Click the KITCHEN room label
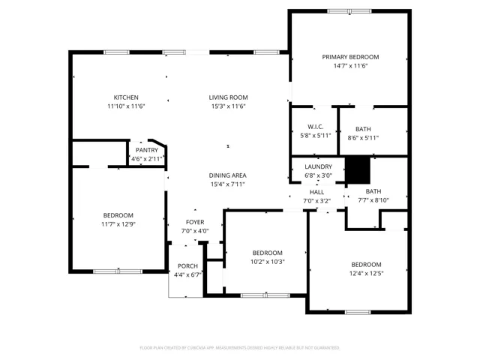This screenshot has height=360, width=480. click(x=126, y=97)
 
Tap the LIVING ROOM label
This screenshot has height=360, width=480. click(x=228, y=97)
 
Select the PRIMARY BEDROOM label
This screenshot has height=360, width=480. click(x=350, y=57)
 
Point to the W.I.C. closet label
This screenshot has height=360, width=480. click(x=315, y=127)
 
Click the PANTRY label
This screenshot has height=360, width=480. click(x=147, y=150)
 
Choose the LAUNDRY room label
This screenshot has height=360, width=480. click(x=318, y=166)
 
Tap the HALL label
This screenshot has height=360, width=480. click(x=316, y=192)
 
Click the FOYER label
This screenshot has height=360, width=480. click(x=195, y=222)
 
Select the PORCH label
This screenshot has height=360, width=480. click(x=187, y=266)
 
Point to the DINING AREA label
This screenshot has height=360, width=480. click(x=228, y=175)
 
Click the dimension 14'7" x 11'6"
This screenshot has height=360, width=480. click(x=350, y=66)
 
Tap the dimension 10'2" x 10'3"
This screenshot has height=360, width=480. click(x=268, y=262)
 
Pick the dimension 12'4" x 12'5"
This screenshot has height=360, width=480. click(x=366, y=273)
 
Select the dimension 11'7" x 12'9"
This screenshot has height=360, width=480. click(x=118, y=224)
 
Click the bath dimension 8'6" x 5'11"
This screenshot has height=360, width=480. click(x=363, y=138)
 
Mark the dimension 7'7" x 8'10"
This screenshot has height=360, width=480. click(x=373, y=200)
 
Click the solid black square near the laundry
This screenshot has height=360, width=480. click(x=358, y=170)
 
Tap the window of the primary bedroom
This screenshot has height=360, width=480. click(x=349, y=11)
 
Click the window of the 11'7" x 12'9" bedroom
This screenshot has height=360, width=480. click(x=118, y=271)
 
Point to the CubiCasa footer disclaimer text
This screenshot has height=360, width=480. click(x=240, y=348)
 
